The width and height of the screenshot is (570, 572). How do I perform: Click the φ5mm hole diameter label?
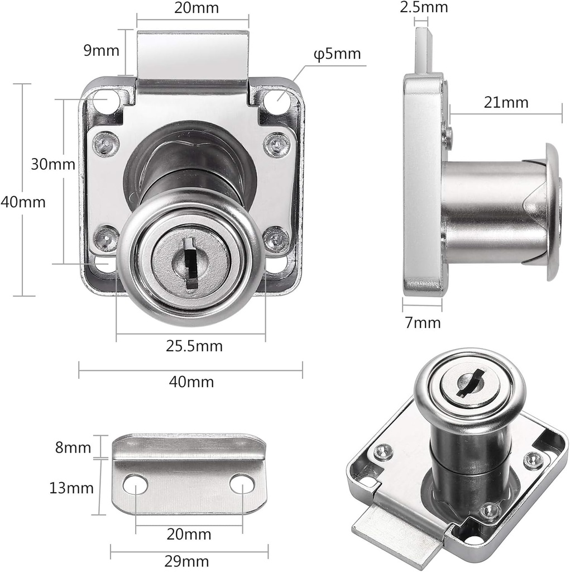(337, 55)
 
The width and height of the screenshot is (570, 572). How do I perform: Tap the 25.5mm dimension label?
(194, 346)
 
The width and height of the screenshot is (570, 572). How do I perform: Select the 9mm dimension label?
(101, 51)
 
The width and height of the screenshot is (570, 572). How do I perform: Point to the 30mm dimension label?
(52, 164)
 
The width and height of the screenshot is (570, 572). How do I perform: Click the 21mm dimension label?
(505, 103)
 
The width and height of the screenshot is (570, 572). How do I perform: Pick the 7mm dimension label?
(423, 322)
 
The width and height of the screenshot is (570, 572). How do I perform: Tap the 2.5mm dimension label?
(424, 7)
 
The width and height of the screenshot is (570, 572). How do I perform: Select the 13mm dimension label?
(71, 488)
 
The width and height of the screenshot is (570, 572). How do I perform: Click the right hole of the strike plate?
(241, 484)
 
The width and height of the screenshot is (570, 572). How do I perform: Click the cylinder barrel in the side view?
(486, 212)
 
